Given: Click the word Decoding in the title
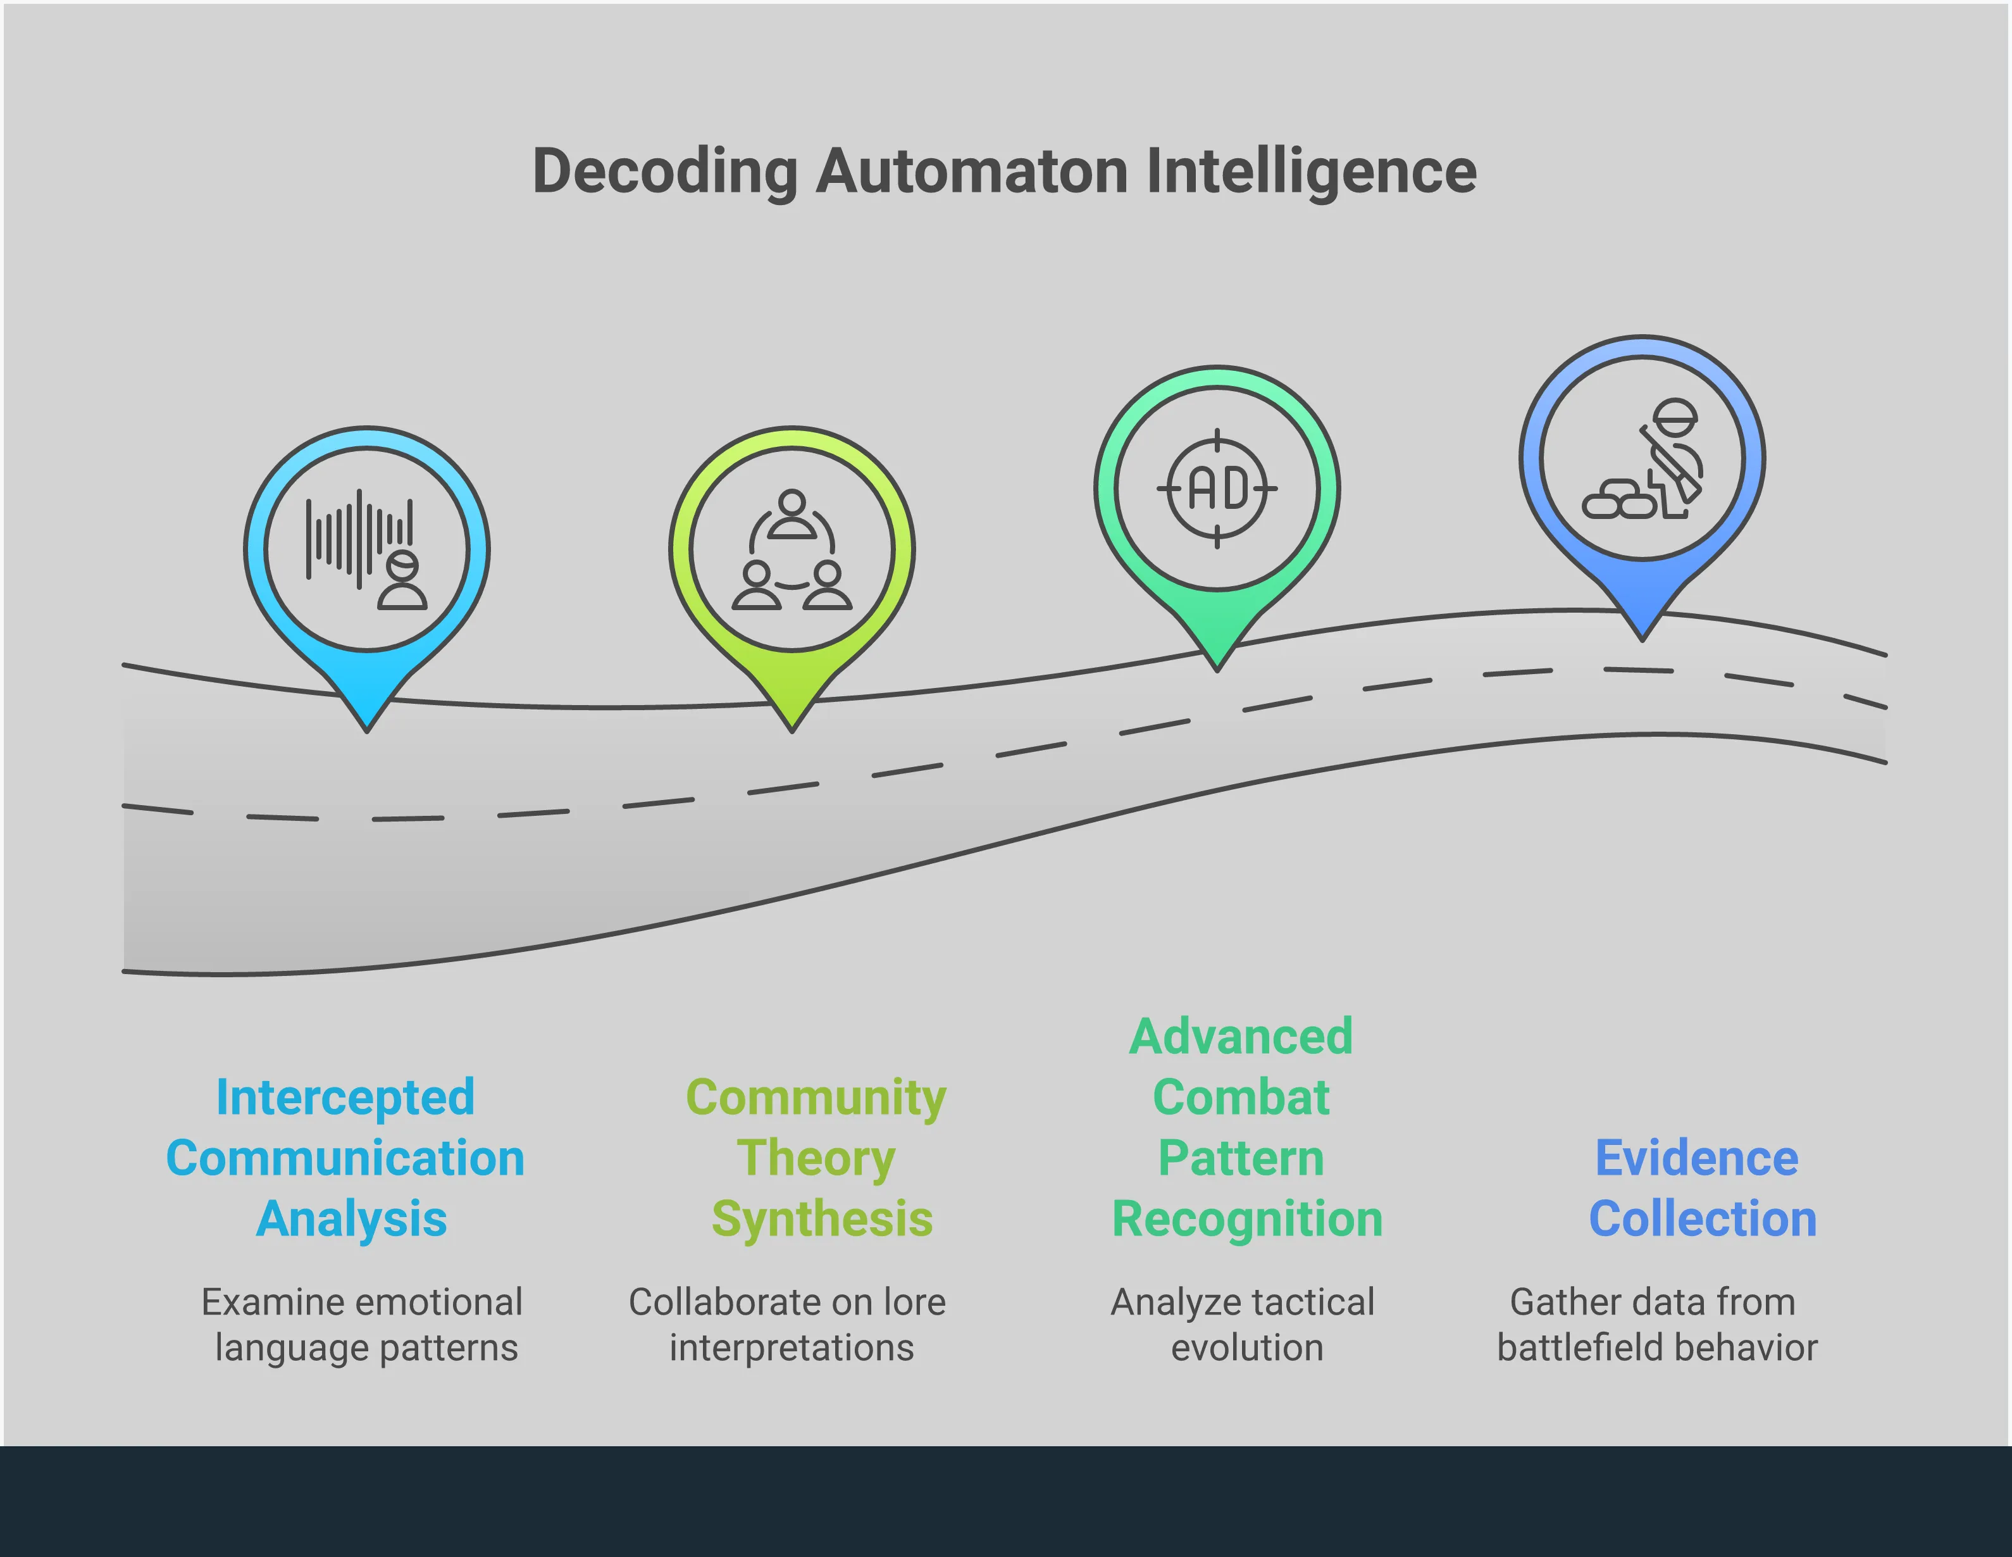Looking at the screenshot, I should [x=664, y=172].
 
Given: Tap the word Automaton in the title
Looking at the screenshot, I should [x=971, y=172].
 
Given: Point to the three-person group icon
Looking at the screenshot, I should [x=792, y=550].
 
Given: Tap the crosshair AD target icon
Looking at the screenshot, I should [x=1217, y=488].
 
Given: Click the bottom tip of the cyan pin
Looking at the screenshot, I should [x=367, y=728].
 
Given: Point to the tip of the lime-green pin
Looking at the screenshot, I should [x=792, y=728].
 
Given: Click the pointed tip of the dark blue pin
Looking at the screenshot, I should [x=1642, y=637].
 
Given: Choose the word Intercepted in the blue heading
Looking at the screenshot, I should [x=345, y=1097].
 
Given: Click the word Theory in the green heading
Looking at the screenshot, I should [x=816, y=1158].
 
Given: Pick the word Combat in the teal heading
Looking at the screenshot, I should [x=1241, y=1097].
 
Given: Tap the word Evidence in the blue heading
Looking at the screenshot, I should [x=1696, y=1158].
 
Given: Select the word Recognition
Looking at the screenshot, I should [x=1247, y=1219].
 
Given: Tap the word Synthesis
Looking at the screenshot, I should [x=822, y=1219].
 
